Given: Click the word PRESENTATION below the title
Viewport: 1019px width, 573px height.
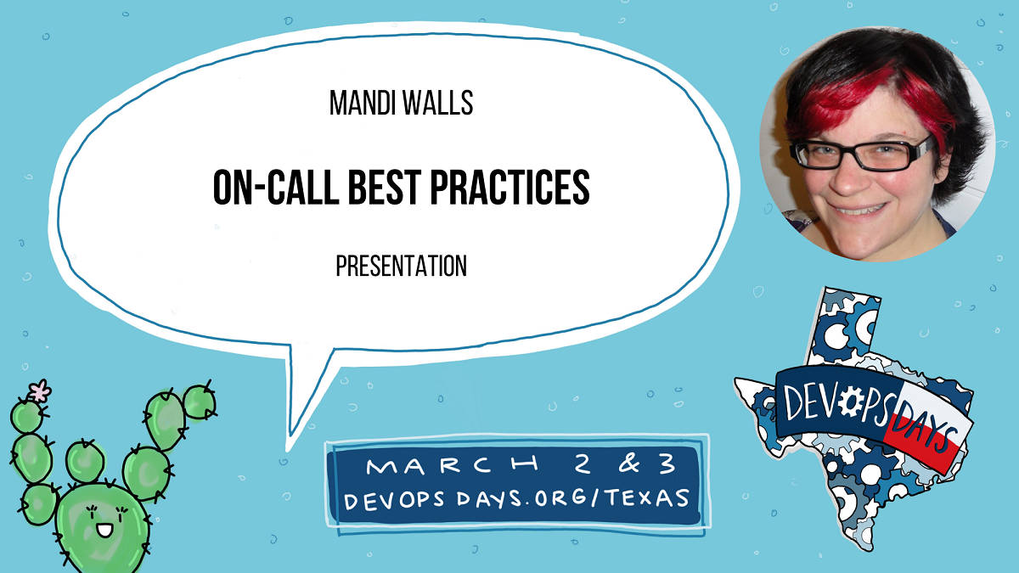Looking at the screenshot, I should pyautogui.click(x=401, y=267).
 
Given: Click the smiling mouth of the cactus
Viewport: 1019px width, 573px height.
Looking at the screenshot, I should pyautogui.click(x=104, y=531).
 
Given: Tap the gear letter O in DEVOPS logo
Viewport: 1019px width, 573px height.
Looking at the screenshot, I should pyautogui.click(x=852, y=403).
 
